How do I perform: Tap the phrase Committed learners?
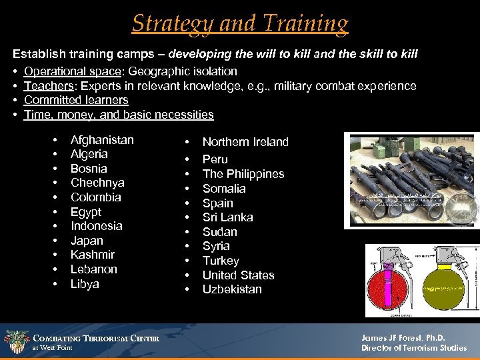(76, 100)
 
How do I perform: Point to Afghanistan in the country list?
(102, 140)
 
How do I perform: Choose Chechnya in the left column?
(97, 183)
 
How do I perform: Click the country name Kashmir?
(93, 255)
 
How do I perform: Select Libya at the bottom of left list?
(85, 284)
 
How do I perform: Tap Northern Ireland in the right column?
(245, 142)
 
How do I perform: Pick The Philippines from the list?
(243, 174)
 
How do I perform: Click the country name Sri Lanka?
(227, 217)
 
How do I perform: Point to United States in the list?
(238, 275)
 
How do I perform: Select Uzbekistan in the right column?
(232, 289)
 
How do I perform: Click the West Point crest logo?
(16, 342)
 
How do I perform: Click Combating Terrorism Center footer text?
(97, 339)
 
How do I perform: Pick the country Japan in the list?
(87, 241)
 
